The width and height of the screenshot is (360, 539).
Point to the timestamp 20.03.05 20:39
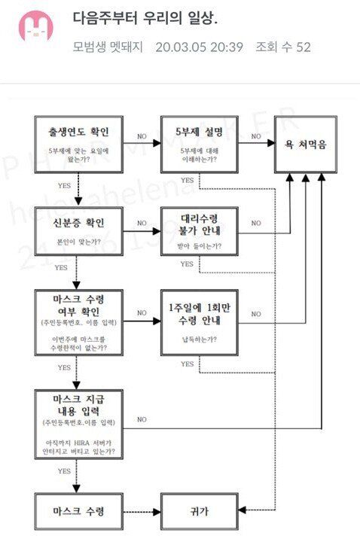(199, 47)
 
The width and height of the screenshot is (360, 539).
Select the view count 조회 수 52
(282, 47)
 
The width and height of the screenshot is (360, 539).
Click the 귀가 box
(198, 513)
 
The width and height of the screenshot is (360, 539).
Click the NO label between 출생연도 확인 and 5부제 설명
(142, 136)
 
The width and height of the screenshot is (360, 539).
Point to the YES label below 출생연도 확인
(65, 184)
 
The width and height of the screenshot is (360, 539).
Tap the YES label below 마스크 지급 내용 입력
(65, 470)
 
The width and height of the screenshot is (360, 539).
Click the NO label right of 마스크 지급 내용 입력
(142, 419)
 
